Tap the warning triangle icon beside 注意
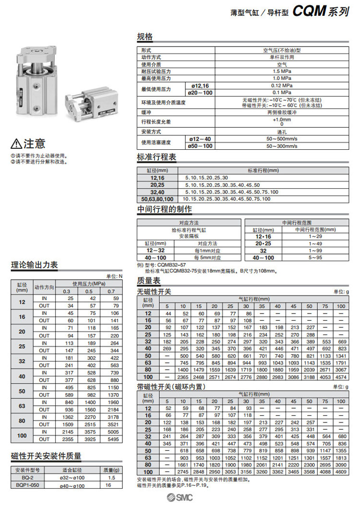pyautogui.click(x=16, y=144)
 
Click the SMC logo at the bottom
pyautogui.click(x=180, y=497)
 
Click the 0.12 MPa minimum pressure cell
pyautogui.click(x=282, y=85)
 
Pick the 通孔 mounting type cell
pyautogui.click(x=282, y=132)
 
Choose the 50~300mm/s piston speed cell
pyautogui.click(x=282, y=145)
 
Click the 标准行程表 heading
pyautogui.click(x=157, y=158)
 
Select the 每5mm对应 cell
pyautogui.click(x=207, y=257)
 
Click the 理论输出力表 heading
pyautogui.click(x=35, y=265)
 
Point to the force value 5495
pyautogui.click(x=112, y=439)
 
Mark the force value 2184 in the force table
pyautogui.click(x=112, y=410)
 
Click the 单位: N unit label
pyautogui.click(x=114, y=276)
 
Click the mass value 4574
pyautogui.click(x=340, y=377)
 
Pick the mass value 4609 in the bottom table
pyautogui.click(x=340, y=471)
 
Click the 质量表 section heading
pyautogui.click(x=149, y=281)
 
